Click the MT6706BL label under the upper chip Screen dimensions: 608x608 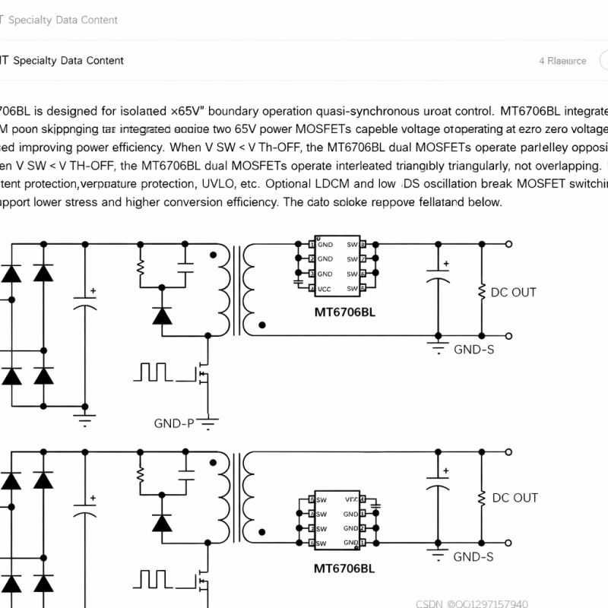(x=344, y=312)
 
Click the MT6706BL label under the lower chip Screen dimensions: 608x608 (x=344, y=568)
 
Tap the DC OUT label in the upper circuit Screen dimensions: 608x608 (x=514, y=292)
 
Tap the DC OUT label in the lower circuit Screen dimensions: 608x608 (x=515, y=498)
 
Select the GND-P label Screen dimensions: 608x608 (x=174, y=423)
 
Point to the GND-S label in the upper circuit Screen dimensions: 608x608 (x=473, y=350)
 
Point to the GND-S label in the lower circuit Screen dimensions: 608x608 (x=473, y=557)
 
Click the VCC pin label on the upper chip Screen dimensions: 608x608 (x=325, y=289)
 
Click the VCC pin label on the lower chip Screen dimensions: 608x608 (x=352, y=499)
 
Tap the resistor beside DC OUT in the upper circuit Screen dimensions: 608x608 (x=481, y=292)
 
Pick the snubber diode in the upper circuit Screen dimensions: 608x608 (x=162, y=315)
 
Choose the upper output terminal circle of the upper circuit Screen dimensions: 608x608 (x=508, y=244)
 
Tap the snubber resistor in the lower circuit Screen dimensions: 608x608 (x=141, y=475)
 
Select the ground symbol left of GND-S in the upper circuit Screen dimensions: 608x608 (x=438, y=348)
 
